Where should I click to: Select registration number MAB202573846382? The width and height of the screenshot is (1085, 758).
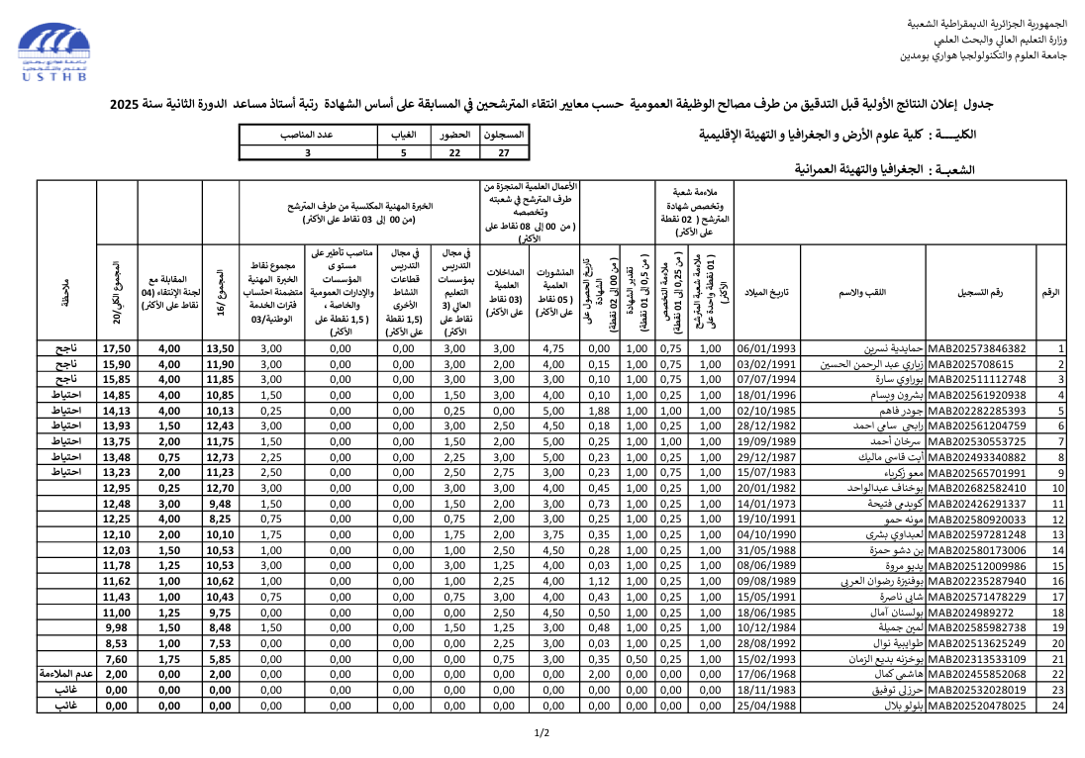tap(975, 349)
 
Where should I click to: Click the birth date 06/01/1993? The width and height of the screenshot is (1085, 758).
tap(766, 349)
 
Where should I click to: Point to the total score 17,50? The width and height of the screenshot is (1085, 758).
tap(117, 349)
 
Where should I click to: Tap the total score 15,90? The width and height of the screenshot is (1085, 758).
tap(117, 364)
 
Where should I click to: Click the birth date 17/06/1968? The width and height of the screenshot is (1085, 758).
tap(766, 675)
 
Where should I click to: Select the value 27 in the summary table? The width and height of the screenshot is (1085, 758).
tap(504, 153)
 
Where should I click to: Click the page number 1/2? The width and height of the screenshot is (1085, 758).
tap(542, 733)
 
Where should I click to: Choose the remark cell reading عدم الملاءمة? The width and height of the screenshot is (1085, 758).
tap(65, 675)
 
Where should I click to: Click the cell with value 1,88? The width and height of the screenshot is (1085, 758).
tap(598, 411)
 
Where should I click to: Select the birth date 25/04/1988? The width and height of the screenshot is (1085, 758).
tap(766, 707)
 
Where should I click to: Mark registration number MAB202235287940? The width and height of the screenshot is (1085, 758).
tap(975, 582)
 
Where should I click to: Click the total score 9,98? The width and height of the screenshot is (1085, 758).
tap(117, 628)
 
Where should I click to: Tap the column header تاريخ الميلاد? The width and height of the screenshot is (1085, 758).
tap(766, 294)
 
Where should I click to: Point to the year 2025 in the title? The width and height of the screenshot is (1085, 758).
tap(127, 104)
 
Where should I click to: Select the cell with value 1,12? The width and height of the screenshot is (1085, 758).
tap(598, 582)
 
